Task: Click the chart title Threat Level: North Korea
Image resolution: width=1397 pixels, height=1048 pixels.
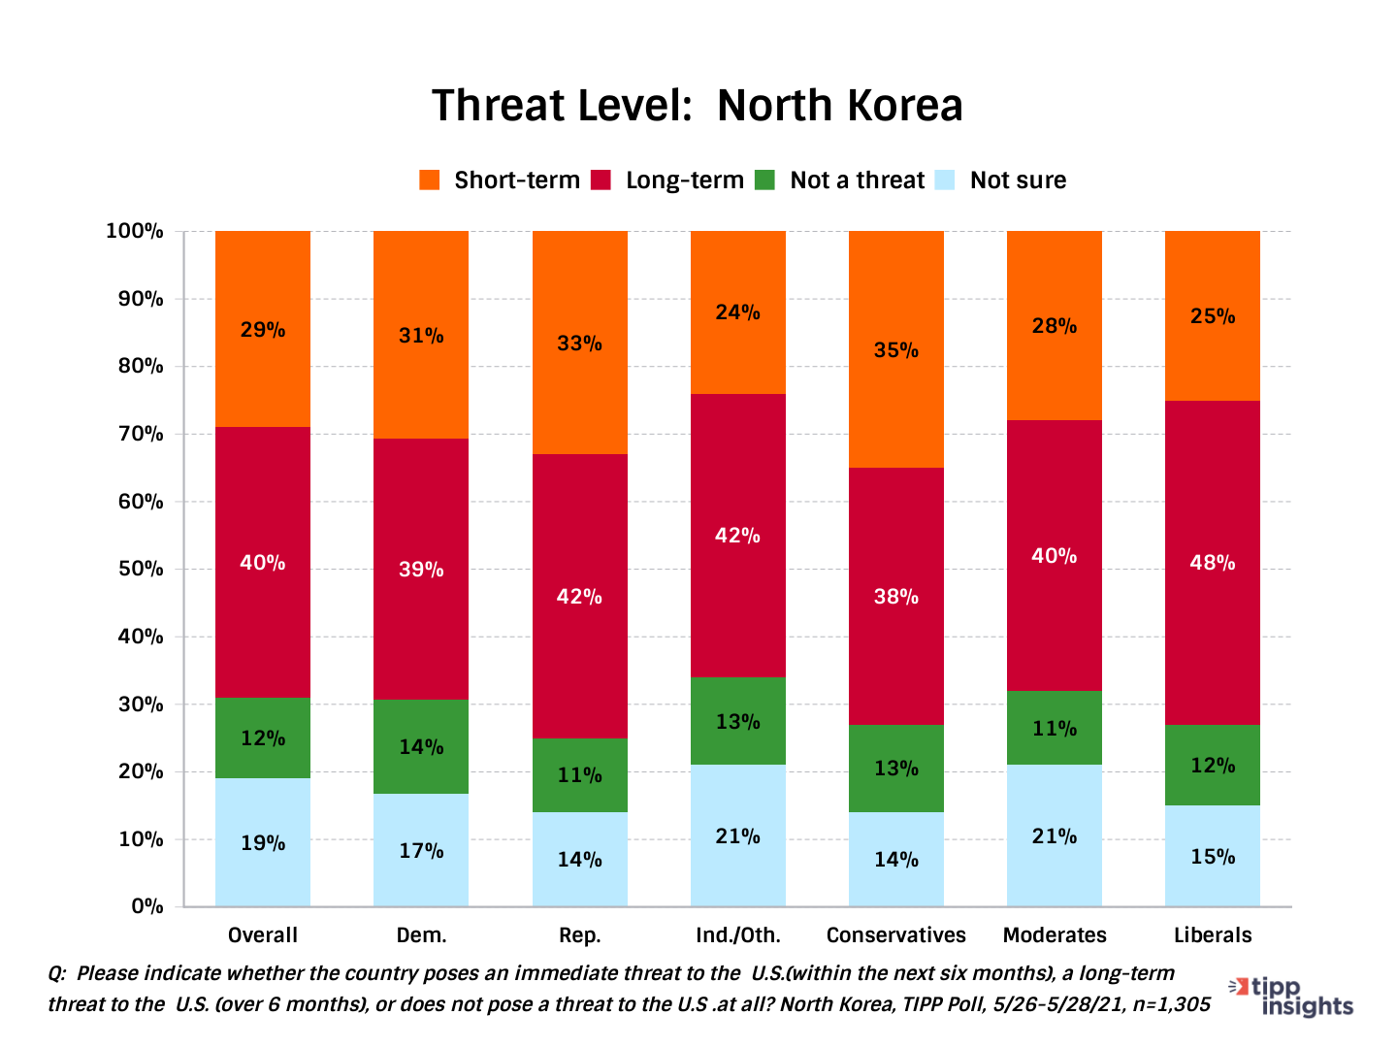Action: [697, 106]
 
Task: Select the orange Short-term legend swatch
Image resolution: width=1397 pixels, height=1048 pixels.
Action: [429, 180]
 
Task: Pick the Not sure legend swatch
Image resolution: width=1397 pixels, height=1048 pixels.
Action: [945, 180]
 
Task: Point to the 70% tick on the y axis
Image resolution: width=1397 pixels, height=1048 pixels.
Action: [141, 434]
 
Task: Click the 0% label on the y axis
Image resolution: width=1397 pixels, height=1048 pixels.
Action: [146, 906]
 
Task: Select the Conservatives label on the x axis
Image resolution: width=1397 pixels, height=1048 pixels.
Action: [895, 935]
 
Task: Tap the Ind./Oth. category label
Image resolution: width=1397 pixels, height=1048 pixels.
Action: [737, 935]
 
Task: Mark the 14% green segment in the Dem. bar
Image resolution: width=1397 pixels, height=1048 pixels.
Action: [421, 747]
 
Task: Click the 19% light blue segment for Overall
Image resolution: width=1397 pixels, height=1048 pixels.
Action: [263, 842]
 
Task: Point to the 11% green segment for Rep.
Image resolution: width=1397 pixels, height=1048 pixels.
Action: [579, 775]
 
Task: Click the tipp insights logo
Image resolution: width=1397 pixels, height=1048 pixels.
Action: [1292, 997]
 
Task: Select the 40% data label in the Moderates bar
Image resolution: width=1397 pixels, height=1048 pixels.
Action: [1054, 556]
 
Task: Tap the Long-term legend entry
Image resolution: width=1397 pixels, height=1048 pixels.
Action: [684, 180]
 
